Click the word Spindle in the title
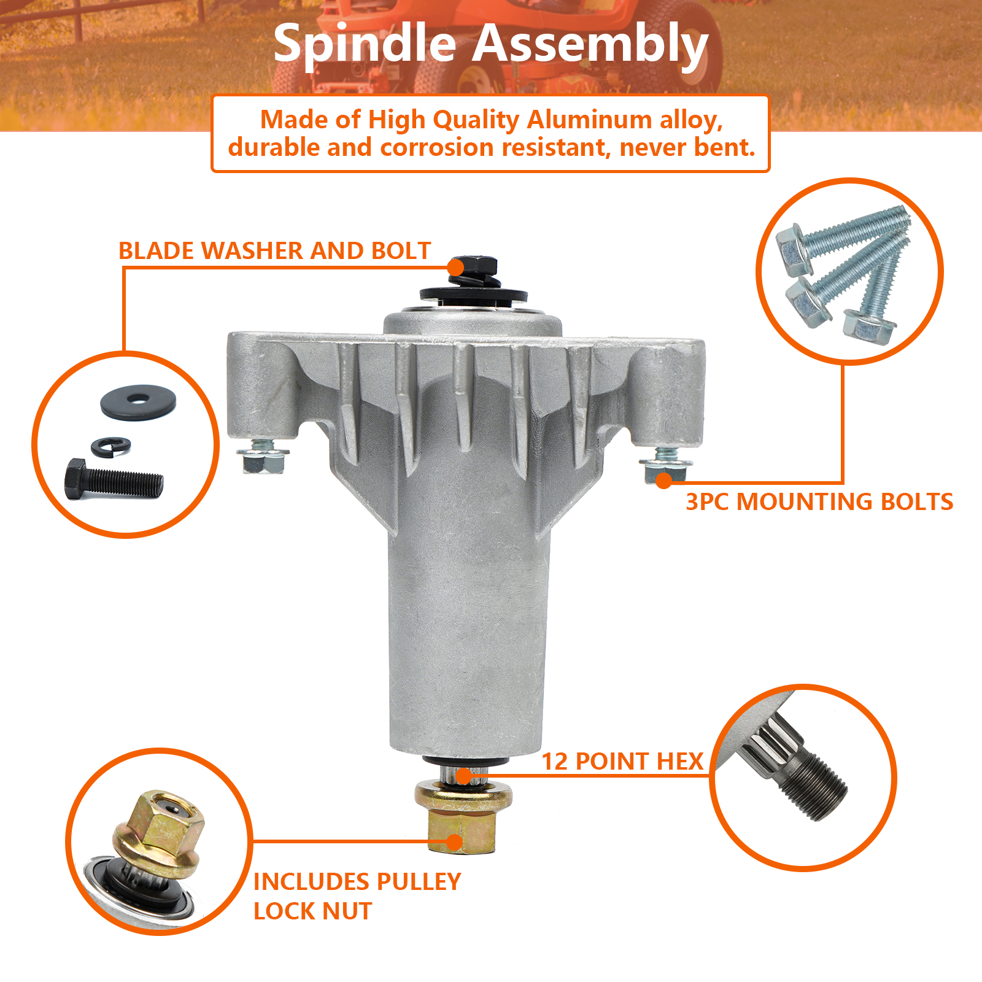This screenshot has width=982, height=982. coord(365,44)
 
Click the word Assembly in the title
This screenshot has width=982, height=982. coord(590,44)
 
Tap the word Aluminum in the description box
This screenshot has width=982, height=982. coord(589,119)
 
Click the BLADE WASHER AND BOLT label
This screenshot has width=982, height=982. coord(274,250)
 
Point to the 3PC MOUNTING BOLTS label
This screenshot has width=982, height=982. coord(819,501)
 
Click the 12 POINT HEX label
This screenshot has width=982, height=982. coord(622,761)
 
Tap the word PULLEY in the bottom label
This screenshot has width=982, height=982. coord(418,881)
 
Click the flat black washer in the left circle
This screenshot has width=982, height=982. coord(138,402)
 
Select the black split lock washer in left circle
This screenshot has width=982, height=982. coord(110,446)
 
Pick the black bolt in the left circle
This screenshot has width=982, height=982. coord(114,479)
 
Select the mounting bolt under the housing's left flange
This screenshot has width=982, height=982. coord(263,455)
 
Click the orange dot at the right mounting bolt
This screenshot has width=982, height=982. coord(663,481)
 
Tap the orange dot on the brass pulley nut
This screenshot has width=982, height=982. coord(454,842)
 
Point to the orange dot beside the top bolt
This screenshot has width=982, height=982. coord(455,268)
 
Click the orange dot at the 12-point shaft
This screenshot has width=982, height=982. coord(464,776)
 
